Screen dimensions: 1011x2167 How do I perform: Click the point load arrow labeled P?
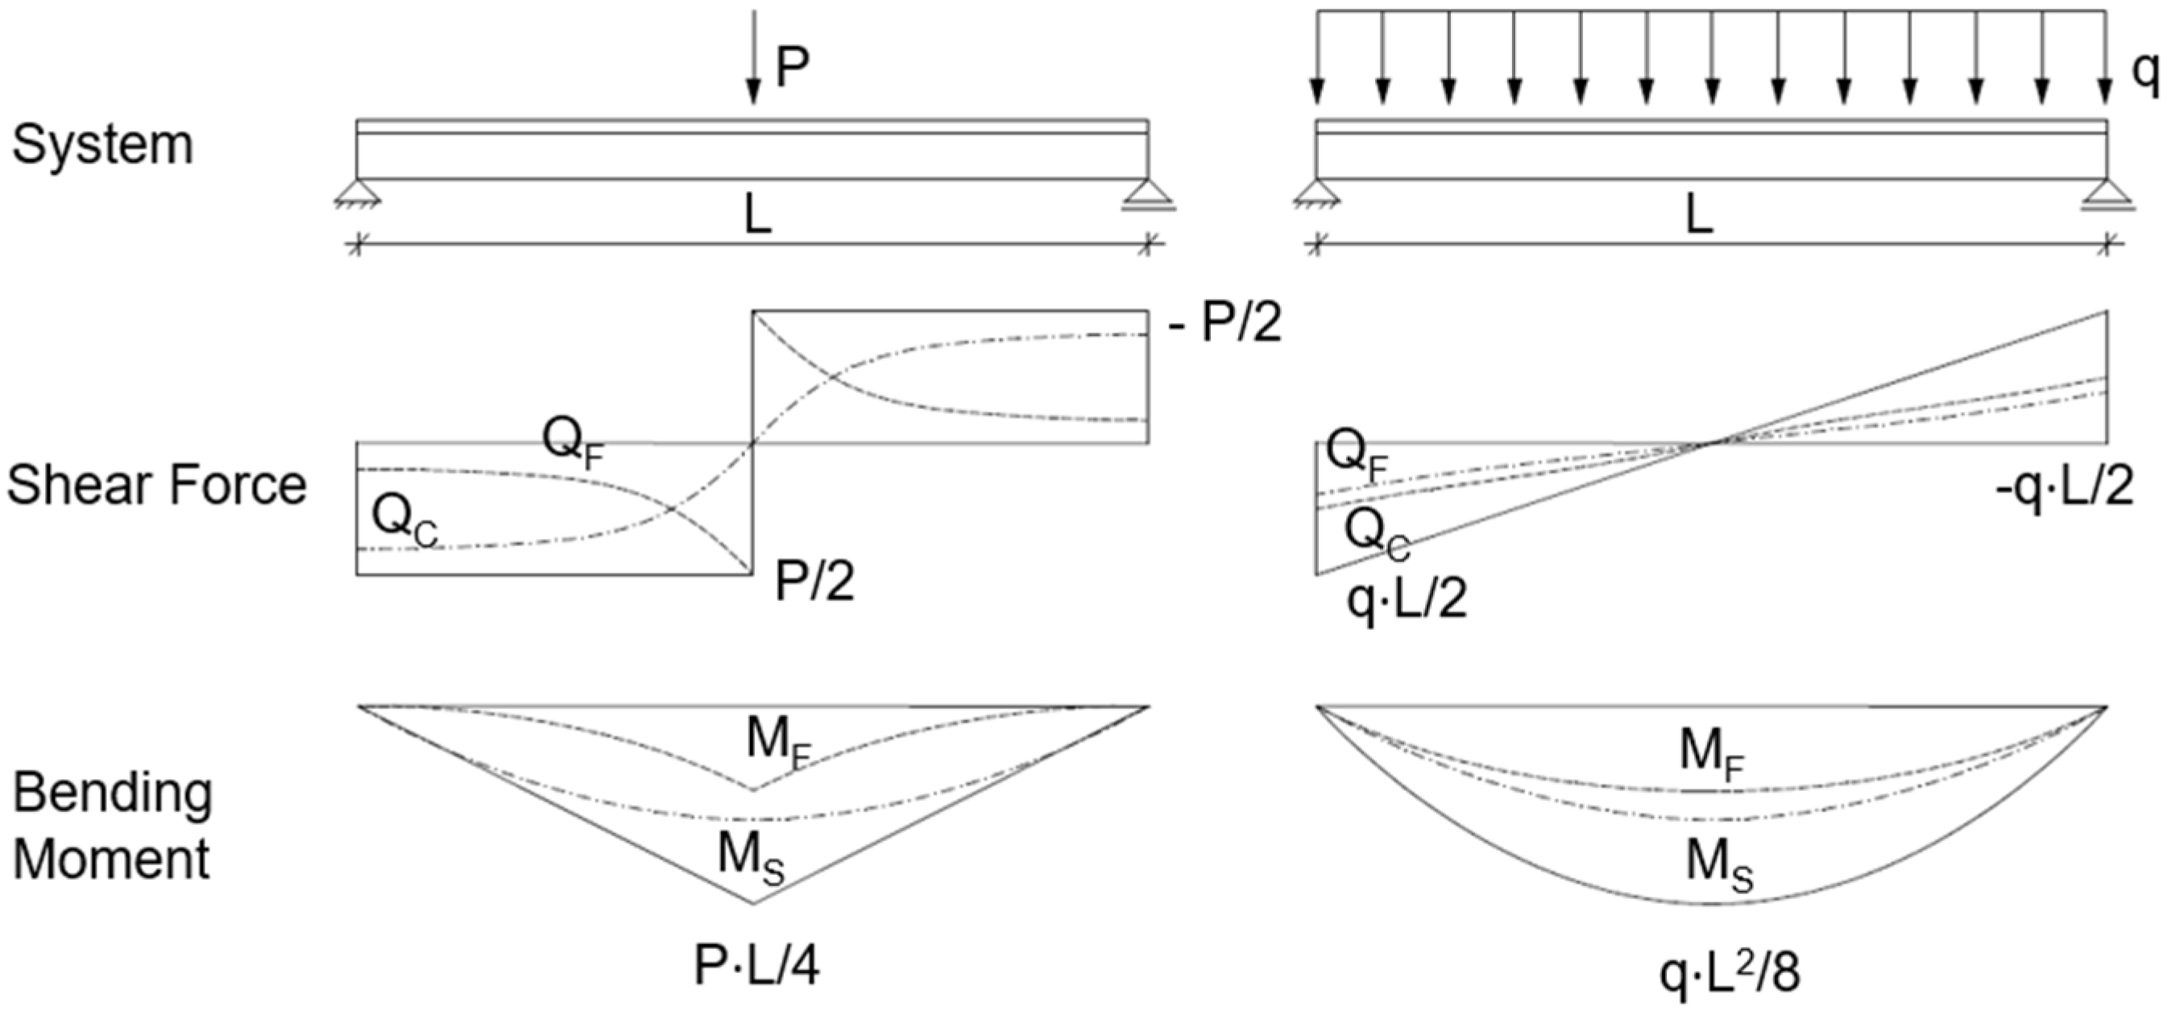[x=753, y=59]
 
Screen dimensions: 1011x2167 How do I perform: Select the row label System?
[x=102, y=145]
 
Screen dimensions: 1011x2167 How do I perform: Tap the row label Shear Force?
[x=156, y=486]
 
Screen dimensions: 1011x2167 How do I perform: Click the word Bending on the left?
[x=113, y=794]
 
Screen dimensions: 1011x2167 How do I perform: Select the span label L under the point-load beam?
[x=757, y=217]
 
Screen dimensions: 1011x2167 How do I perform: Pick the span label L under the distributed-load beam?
[x=1699, y=217]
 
